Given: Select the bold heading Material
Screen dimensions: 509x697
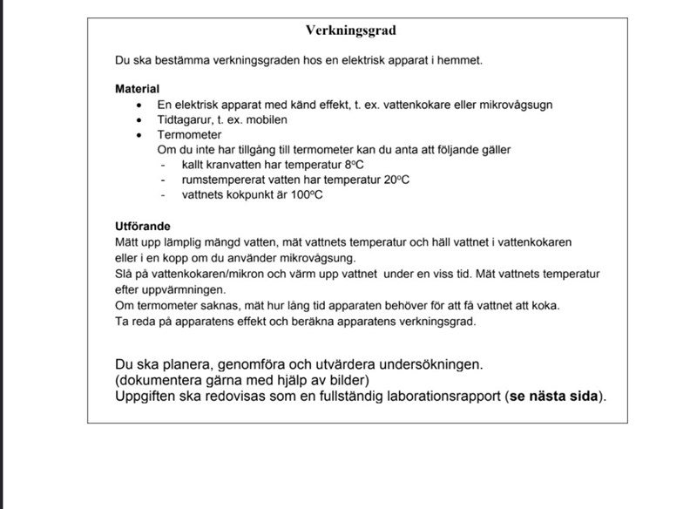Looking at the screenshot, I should pos(137,89).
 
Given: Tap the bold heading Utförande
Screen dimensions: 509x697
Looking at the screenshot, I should pos(143,225).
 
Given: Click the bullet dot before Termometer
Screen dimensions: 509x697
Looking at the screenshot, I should pos(139,135).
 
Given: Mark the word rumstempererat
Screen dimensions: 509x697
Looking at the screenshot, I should pos(221,180).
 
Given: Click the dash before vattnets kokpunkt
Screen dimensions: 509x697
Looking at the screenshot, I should pos(163,194).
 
